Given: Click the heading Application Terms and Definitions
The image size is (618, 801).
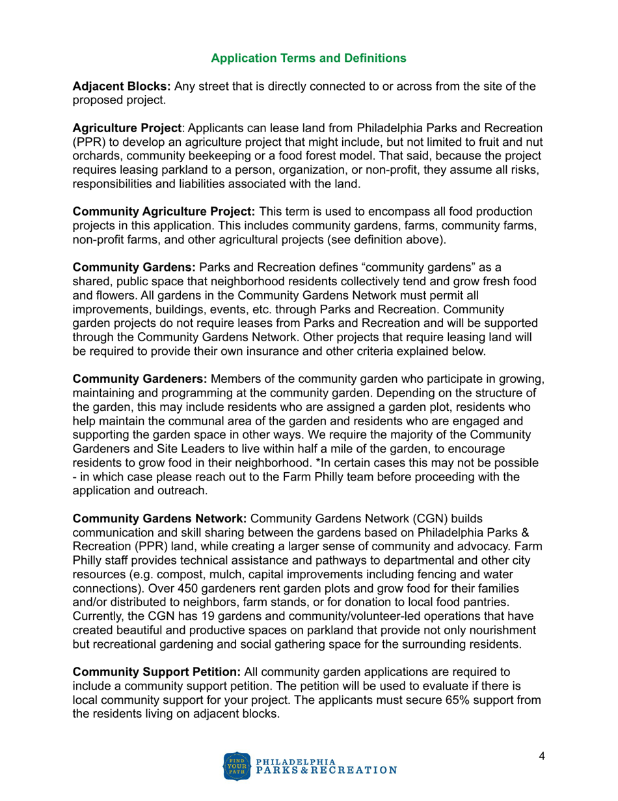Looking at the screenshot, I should click(x=309, y=58).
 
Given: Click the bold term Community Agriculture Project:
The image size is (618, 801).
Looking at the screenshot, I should click(x=165, y=212).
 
